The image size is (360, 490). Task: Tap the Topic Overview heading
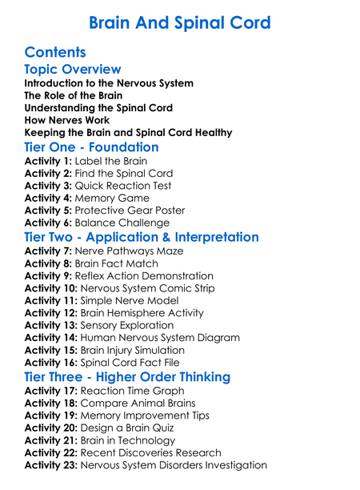coord(73,70)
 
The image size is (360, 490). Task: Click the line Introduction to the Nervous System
coord(109,83)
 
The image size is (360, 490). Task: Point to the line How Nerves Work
coord(67,120)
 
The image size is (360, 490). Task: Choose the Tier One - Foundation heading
coord(92,147)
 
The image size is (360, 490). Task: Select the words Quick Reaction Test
coord(124,186)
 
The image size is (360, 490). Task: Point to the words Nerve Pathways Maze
coord(129,251)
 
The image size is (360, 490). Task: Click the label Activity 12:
coord(51,313)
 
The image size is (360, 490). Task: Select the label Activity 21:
coord(51,440)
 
